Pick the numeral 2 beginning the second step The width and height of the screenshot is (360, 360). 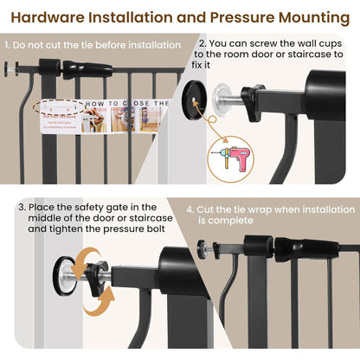[202, 42]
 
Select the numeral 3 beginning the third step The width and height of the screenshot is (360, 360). [21, 207]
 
